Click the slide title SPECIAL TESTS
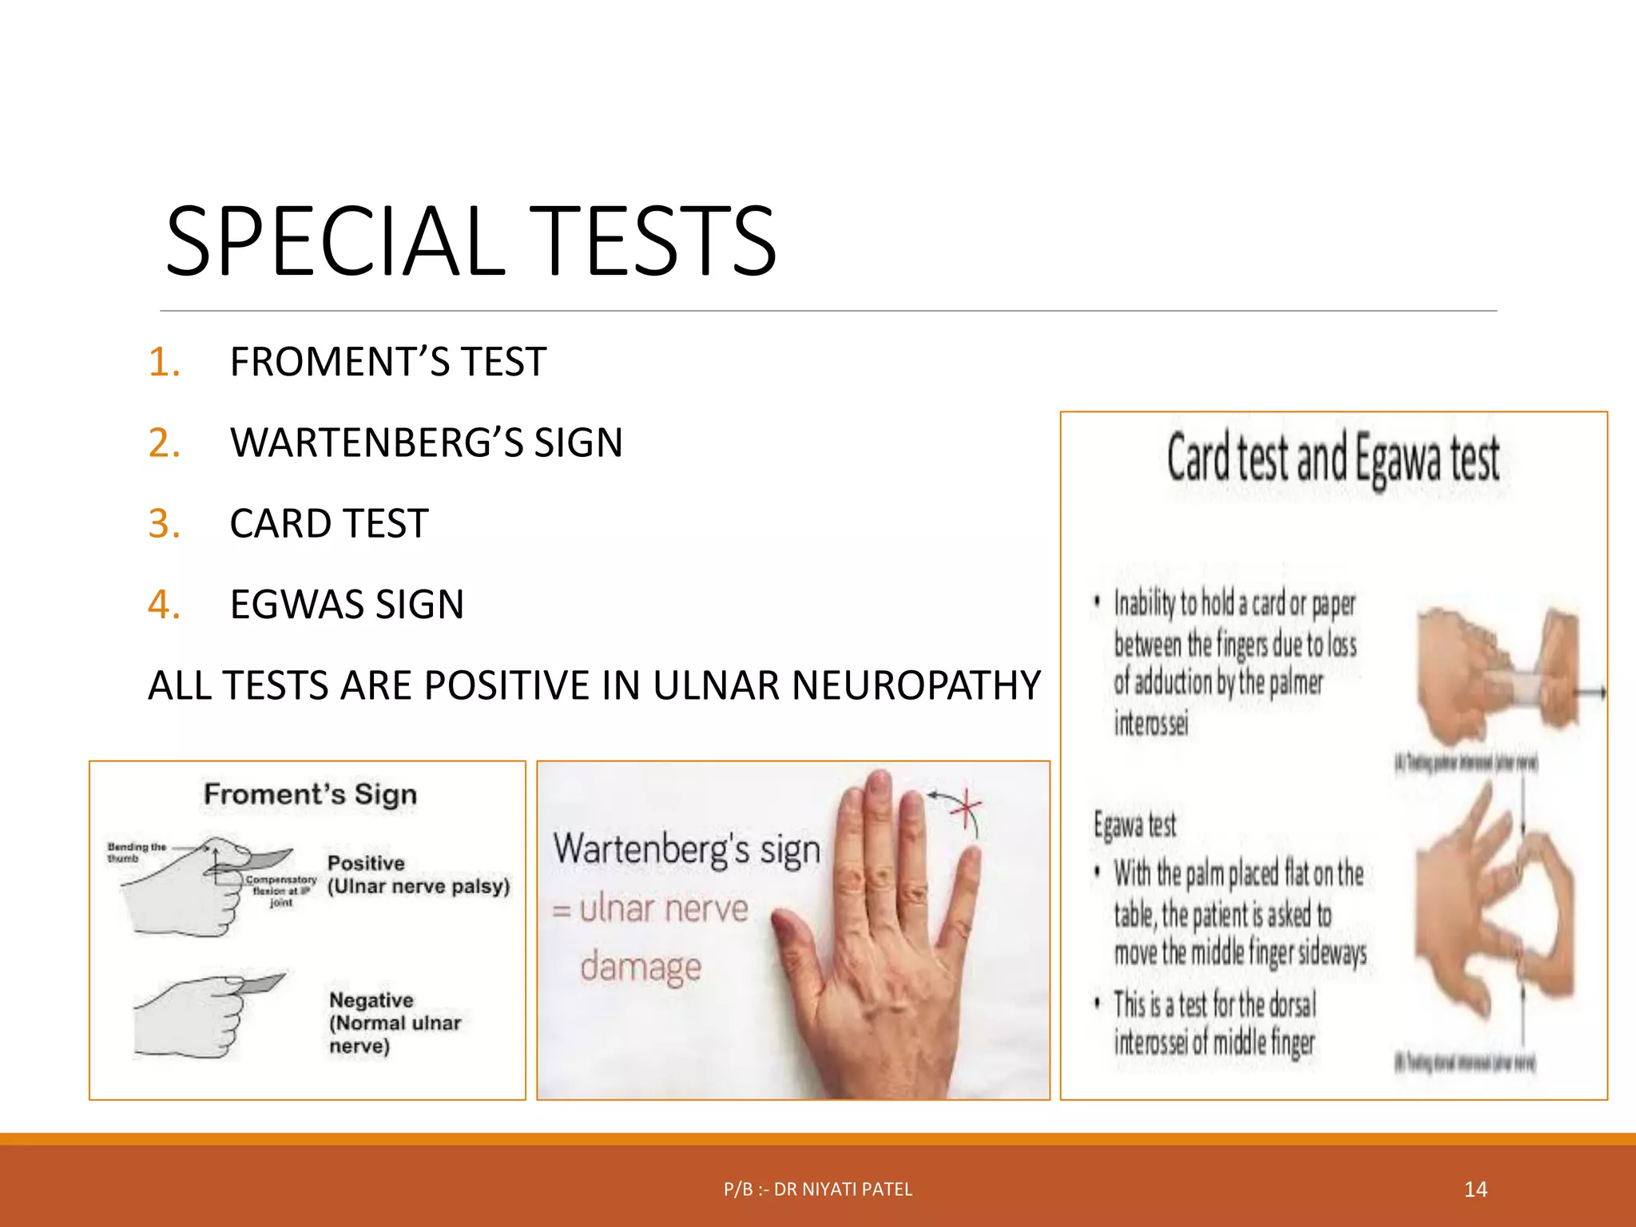[471, 241]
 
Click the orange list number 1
[164, 362]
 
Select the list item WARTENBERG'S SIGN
[426, 443]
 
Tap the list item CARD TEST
[329, 524]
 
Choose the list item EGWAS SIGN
[347, 605]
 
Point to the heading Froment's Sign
[310, 794]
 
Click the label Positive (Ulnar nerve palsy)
[418, 875]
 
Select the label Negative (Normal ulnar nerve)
[395, 1022]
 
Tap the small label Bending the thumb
[136, 852]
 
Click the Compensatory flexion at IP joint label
[280, 890]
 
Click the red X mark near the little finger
[967, 808]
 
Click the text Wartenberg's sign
[686, 849]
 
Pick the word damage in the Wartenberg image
[641, 967]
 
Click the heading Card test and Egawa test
[1333, 459]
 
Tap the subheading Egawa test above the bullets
[1134, 824]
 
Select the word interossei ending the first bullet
[1151, 723]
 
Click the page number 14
[1475, 1189]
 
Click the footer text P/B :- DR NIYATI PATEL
[817, 1189]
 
